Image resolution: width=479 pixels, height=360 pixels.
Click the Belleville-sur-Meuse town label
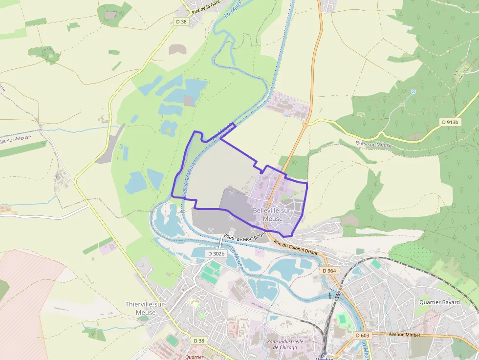tap(272, 214)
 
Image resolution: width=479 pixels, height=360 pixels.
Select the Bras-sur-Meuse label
tap(374, 145)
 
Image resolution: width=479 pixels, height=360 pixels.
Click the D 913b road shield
tap(450, 122)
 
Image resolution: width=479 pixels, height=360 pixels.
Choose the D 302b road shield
tap(216, 254)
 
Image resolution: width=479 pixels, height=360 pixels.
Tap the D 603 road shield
tap(363, 335)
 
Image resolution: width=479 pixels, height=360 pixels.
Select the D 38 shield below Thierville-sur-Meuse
tap(199, 340)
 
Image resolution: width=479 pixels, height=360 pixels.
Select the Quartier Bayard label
tap(439, 302)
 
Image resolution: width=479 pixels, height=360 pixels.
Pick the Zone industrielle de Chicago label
tap(285, 344)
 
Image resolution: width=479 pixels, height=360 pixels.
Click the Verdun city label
tap(325, 358)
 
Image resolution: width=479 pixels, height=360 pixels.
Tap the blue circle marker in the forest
tap(413, 91)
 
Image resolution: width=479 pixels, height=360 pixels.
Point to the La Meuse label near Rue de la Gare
tap(233, 10)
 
